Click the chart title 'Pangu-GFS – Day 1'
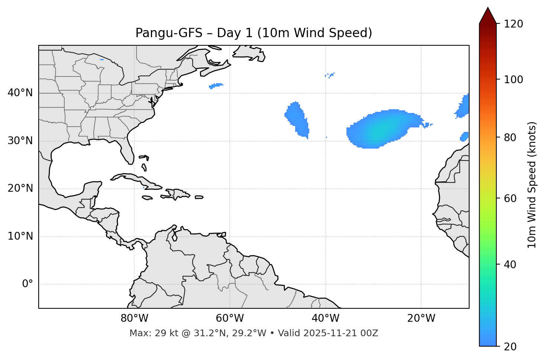tap(254, 33)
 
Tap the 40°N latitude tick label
tap(20, 93)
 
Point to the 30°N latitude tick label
tap(20, 141)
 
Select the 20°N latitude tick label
tap(20, 188)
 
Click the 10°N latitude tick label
tap(20, 236)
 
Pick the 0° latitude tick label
tap(28, 284)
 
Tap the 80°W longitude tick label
tap(134, 318)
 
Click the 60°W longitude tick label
tap(230, 318)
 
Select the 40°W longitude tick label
tap(325, 318)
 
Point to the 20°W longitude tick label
tap(421, 318)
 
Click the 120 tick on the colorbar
tap(513, 24)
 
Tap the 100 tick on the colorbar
tap(513, 80)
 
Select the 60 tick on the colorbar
tap(510, 198)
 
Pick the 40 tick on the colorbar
tap(510, 265)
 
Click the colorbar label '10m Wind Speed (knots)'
tap(532, 185)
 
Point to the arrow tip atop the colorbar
tap(488, 8)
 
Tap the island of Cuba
tap(138, 179)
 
